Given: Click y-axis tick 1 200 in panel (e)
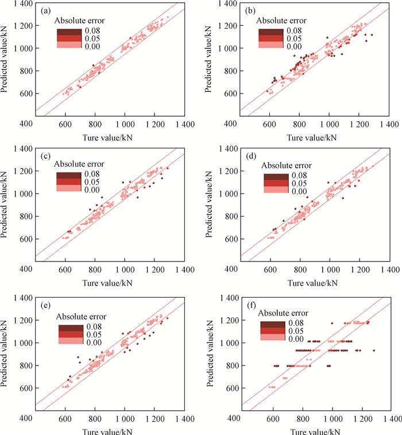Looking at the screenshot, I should tap(23, 319).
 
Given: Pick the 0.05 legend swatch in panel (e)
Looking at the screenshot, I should tap(69, 333).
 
